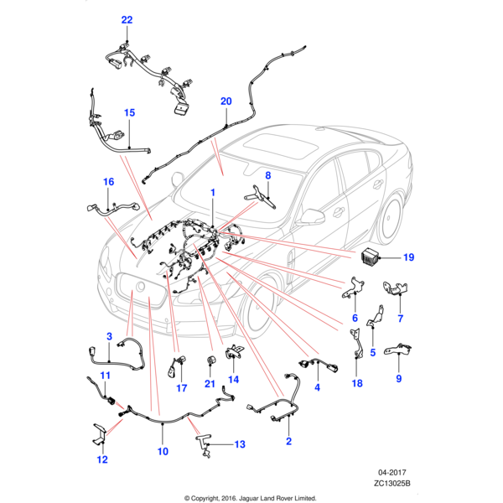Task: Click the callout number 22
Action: pos(127,20)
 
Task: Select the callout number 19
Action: pos(409,257)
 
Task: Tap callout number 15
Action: pos(130,112)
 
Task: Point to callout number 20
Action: pos(226,101)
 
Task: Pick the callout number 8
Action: pos(268,175)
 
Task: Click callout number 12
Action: pos(102,459)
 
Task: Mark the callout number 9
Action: pos(398,379)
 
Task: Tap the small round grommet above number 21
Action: pos(210,360)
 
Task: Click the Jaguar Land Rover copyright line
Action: pos(251,496)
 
